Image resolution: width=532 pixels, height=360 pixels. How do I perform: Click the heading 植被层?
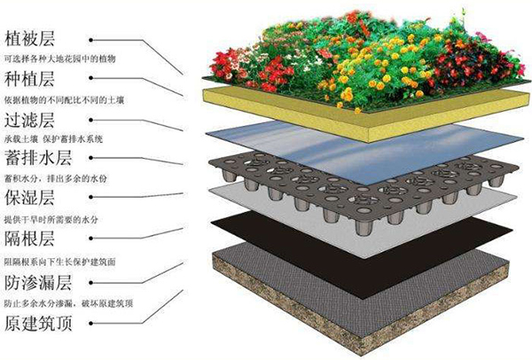(x=29, y=38)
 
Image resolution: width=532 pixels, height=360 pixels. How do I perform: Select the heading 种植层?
(x=29, y=80)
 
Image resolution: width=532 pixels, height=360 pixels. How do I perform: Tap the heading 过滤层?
(x=29, y=120)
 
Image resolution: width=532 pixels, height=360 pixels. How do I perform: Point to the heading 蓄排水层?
(x=38, y=158)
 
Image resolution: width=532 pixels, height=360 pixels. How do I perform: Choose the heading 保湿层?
(x=29, y=198)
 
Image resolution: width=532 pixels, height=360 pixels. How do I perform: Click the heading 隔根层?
(x=29, y=239)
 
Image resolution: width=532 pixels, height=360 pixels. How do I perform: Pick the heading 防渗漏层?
(x=38, y=283)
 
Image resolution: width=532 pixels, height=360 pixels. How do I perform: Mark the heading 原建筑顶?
(x=38, y=323)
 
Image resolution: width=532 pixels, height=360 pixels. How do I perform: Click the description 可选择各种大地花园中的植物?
(x=60, y=59)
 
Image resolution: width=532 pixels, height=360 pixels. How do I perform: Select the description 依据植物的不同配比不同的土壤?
(x=64, y=100)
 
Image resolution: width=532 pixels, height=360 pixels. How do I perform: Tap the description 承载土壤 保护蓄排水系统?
(x=53, y=139)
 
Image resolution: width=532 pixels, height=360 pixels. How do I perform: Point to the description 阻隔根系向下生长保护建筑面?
(x=60, y=262)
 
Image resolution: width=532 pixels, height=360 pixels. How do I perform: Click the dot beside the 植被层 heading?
(x=91, y=40)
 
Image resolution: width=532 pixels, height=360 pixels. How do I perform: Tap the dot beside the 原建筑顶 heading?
(x=91, y=323)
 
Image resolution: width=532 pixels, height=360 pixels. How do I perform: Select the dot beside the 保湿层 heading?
(x=91, y=197)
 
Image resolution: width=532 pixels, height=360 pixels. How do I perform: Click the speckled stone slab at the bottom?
(x=360, y=305)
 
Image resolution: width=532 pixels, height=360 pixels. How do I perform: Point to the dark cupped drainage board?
(x=363, y=190)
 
